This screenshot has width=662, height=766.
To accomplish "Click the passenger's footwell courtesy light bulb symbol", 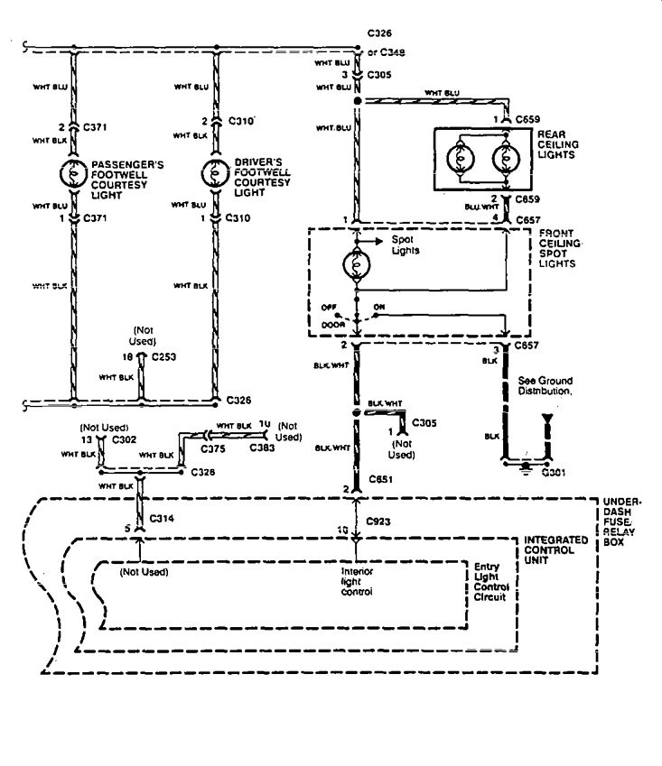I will (x=71, y=171).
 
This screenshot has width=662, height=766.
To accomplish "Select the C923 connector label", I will (x=379, y=521).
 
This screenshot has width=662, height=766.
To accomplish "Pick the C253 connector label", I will (x=165, y=356).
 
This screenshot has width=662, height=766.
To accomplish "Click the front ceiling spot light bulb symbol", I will (x=358, y=268).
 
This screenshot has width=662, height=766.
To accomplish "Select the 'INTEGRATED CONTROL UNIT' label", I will (x=555, y=547).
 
